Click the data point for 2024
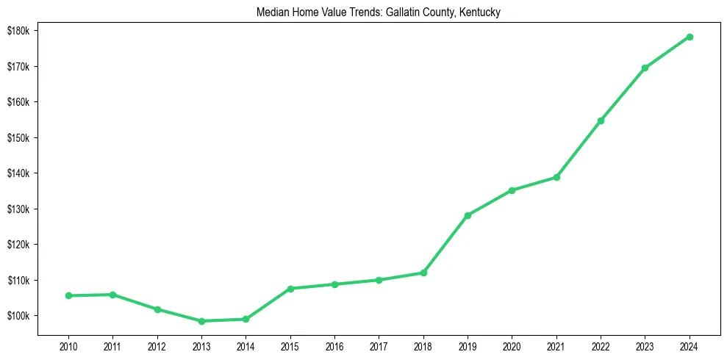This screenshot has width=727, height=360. click(x=690, y=37)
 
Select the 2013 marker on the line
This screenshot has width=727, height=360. click(x=201, y=321)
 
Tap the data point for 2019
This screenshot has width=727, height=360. click(x=468, y=215)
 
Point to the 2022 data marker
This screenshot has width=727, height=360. click(x=601, y=120)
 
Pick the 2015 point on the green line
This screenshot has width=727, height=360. click(x=290, y=289)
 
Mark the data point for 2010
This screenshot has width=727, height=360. click(x=68, y=295)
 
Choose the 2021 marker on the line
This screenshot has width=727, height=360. click(x=556, y=177)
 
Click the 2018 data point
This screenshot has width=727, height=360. click(x=423, y=273)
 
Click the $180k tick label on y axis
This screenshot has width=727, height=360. click(x=18, y=31)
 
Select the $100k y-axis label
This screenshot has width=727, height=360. click(x=18, y=316)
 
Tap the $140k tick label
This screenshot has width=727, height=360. click(x=18, y=173)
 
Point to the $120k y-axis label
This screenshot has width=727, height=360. click(x=18, y=245)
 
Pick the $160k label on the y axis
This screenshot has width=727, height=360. click(x=18, y=102)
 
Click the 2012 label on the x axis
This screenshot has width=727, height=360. click(x=157, y=345)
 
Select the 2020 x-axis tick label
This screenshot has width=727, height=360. click(x=512, y=345)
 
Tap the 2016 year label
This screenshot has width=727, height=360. click(x=334, y=345)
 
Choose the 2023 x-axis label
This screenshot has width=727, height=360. click(x=645, y=345)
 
